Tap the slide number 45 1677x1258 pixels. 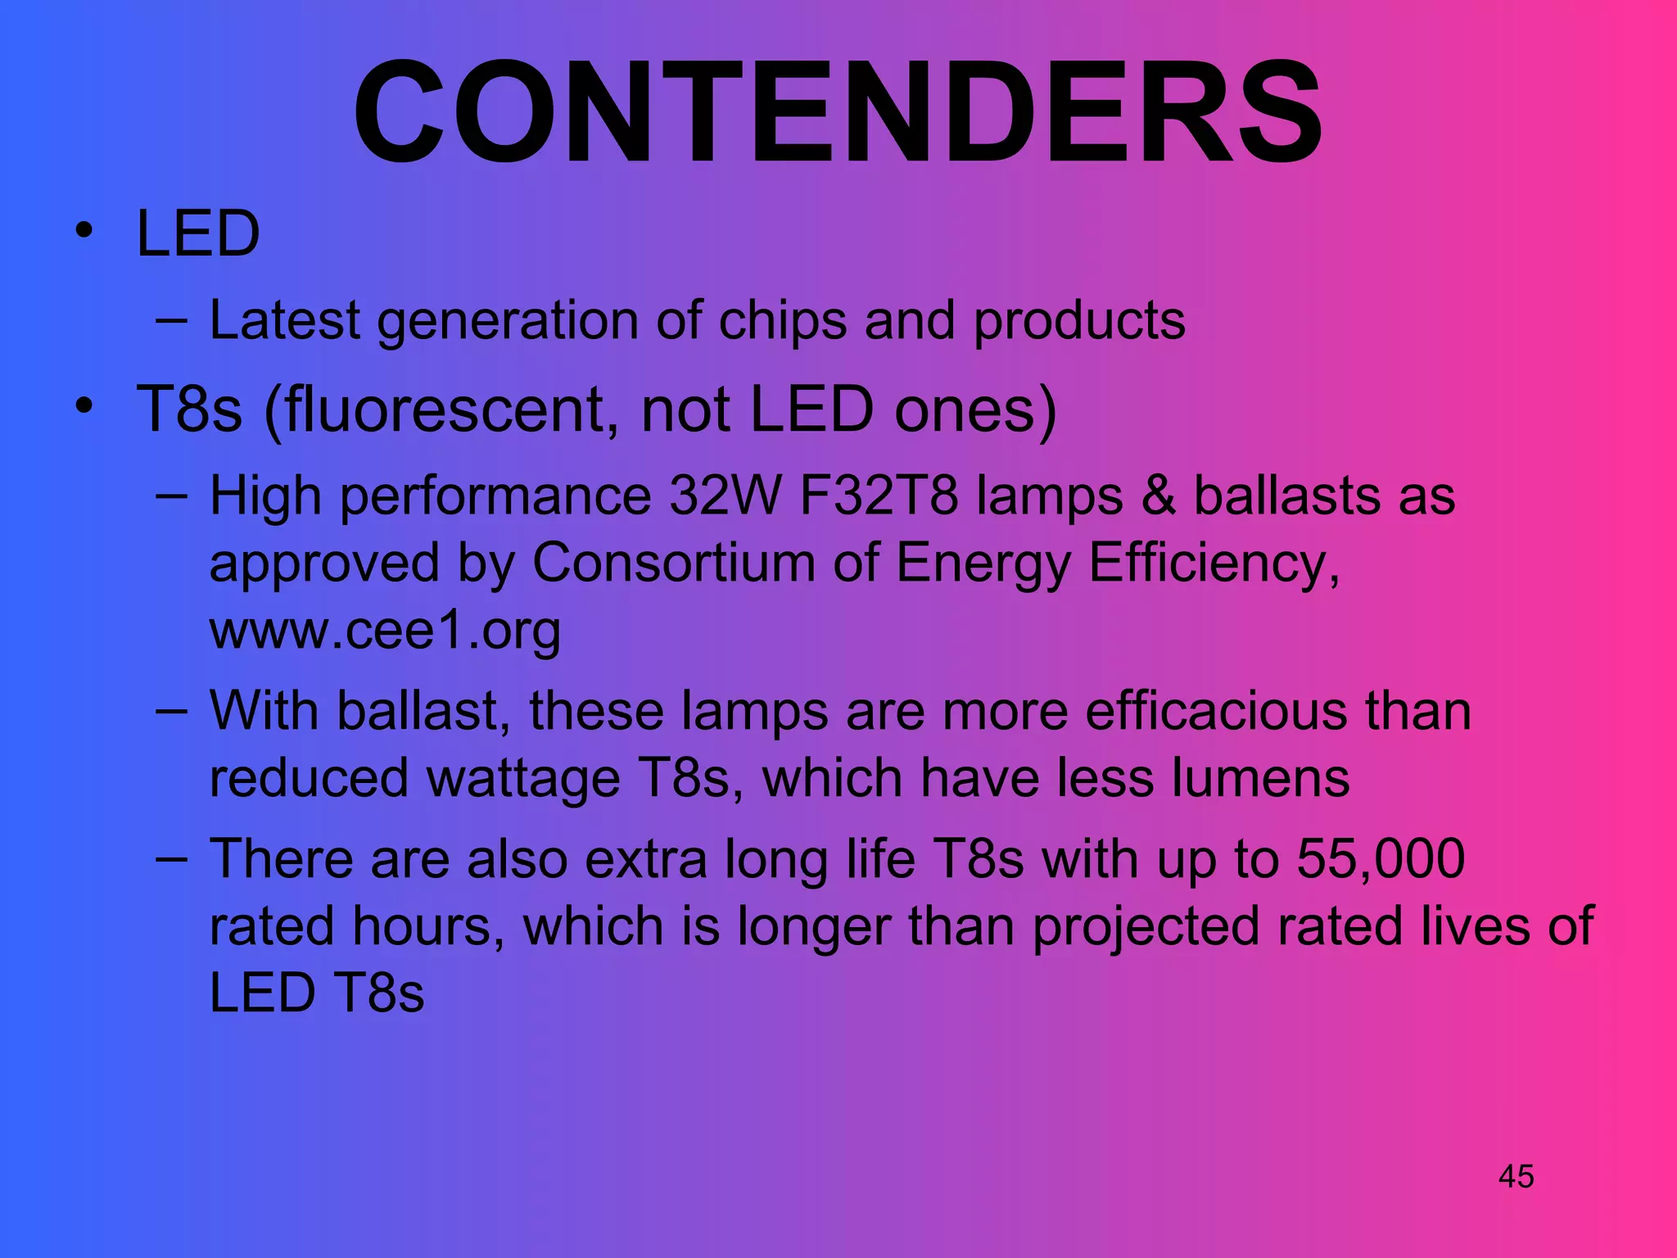[x=1516, y=1177]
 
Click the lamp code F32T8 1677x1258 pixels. [x=878, y=496]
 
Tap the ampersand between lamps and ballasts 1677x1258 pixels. [x=1158, y=496]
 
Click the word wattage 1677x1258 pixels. [x=523, y=778]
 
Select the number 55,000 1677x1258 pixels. [x=1381, y=859]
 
